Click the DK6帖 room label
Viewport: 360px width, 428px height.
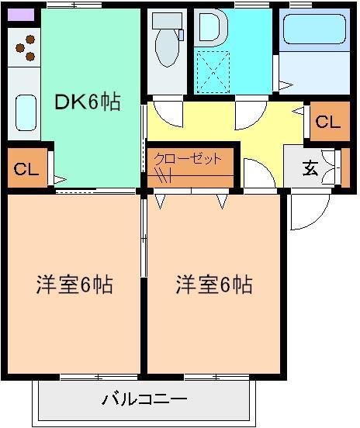(87, 102)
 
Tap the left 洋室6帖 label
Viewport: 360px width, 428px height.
(74, 285)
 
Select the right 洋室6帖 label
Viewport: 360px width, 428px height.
(213, 285)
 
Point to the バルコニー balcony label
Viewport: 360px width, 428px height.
(144, 401)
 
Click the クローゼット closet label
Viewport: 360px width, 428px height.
(188, 159)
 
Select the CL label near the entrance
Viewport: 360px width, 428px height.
(327, 123)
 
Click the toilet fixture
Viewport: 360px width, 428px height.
(165, 47)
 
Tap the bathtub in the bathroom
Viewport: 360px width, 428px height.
(315, 32)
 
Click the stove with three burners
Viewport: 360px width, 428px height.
(26, 48)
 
